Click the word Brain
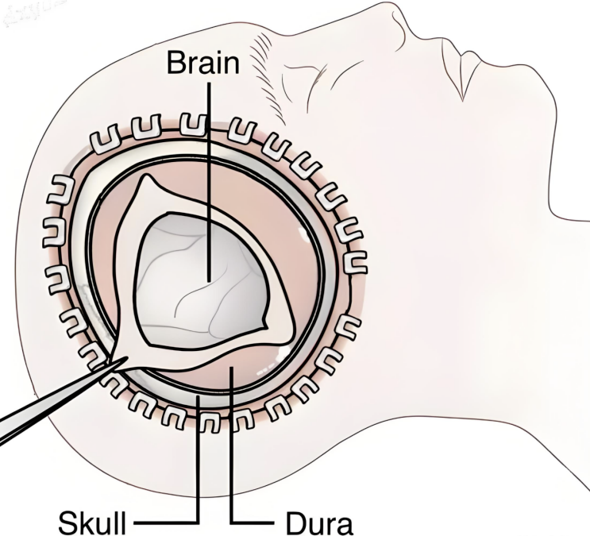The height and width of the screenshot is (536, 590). click(x=202, y=63)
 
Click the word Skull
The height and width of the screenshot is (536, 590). click(x=92, y=523)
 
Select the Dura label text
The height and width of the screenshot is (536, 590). click(x=319, y=523)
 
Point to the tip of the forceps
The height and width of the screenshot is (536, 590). click(x=127, y=357)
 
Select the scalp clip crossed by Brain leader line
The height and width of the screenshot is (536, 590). click(x=194, y=125)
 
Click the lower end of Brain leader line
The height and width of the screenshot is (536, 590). click(x=209, y=281)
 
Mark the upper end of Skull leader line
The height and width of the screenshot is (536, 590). click(x=197, y=397)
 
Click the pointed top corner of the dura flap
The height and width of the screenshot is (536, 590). click(x=146, y=175)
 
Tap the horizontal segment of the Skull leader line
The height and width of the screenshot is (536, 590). click(x=166, y=522)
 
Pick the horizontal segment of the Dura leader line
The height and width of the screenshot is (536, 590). click(x=252, y=522)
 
